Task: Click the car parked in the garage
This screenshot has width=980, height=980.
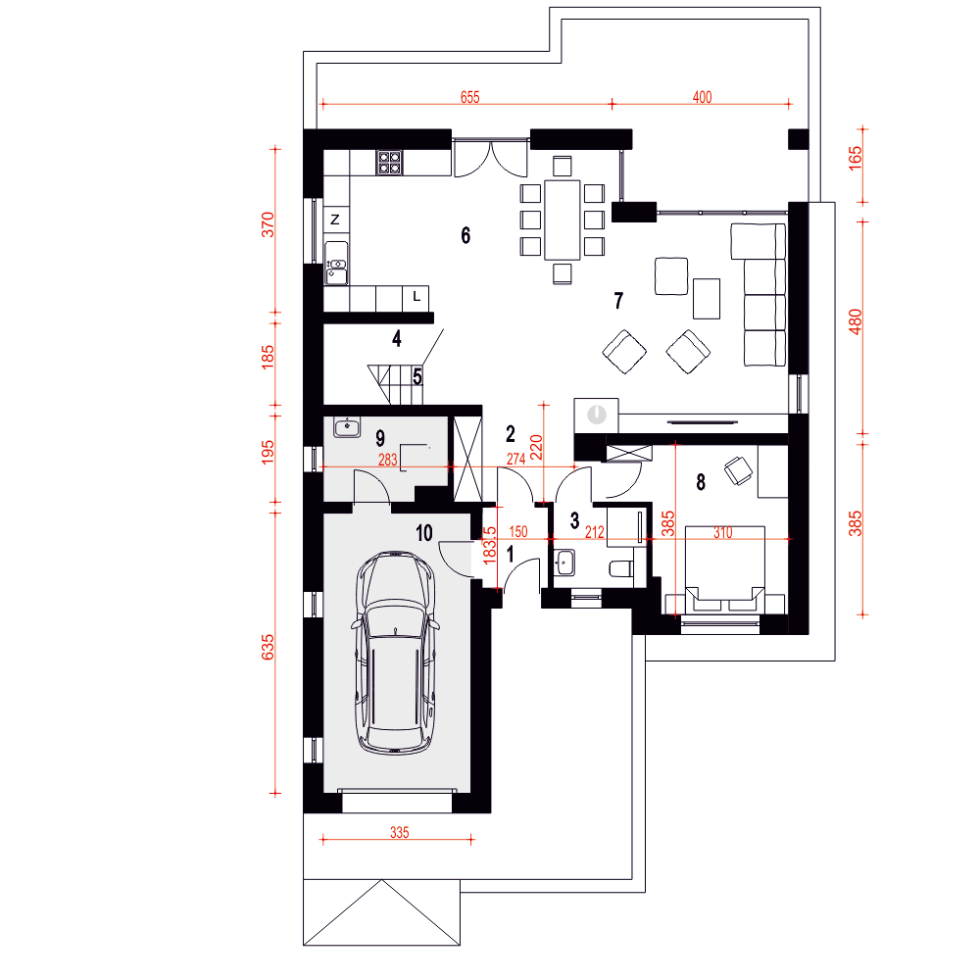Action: [x=395, y=653]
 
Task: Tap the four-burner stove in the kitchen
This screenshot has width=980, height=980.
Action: [x=389, y=163]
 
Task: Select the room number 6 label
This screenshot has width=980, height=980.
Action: [x=465, y=235]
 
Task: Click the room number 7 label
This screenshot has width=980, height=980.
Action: [x=618, y=301]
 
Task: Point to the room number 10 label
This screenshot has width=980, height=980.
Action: [x=424, y=533]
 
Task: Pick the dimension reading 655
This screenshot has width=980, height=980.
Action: [x=470, y=97]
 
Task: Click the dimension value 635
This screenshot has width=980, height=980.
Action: [x=268, y=647]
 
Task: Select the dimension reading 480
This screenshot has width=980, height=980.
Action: [x=855, y=321]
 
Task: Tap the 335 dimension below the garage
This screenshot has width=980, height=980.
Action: [x=400, y=832]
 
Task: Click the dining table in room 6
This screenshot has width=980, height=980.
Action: [x=562, y=220]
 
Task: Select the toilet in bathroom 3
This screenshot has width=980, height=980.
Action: [x=621, y=568]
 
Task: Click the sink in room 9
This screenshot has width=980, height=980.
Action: [x=347, y=427]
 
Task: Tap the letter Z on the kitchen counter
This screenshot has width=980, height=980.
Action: [x=335, y=220]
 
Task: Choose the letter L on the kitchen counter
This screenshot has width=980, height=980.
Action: [x=416, y=297]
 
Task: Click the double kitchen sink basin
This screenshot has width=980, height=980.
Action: [x=336, y=265]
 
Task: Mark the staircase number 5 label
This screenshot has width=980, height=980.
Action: [x=416, y=377]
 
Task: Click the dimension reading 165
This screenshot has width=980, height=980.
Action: [x=855, y=158]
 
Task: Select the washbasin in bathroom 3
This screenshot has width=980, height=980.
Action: [x=565, y=563]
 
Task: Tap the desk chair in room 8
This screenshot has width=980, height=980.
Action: [x=738, y=470]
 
